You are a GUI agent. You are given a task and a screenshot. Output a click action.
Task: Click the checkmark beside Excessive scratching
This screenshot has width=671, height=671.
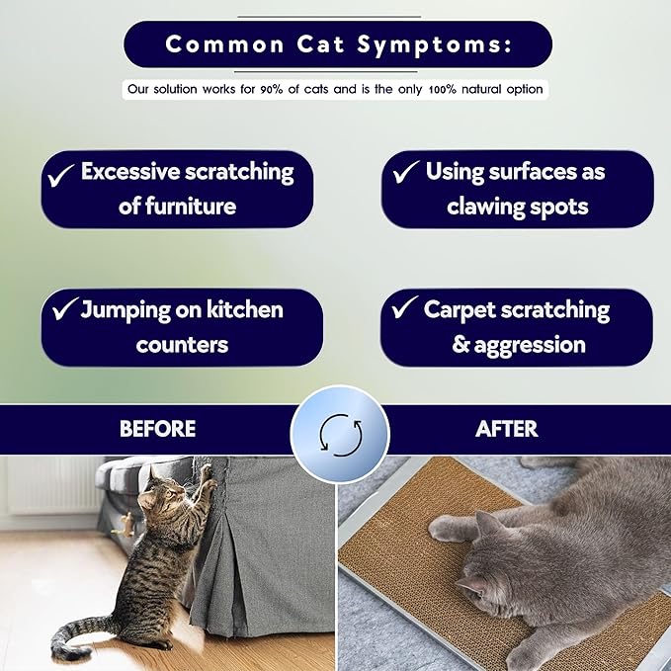62,175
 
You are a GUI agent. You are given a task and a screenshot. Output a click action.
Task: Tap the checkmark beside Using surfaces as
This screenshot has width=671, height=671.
405,173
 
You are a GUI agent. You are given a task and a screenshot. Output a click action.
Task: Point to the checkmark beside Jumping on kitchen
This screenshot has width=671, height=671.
64,311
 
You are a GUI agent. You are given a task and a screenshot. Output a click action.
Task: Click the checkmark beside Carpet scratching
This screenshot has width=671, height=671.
404,310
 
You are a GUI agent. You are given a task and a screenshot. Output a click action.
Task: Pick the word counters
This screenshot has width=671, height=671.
182,345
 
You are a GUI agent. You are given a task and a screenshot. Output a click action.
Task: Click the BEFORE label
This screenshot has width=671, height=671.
157,429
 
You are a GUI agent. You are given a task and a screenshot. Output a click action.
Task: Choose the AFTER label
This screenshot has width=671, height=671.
506,429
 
